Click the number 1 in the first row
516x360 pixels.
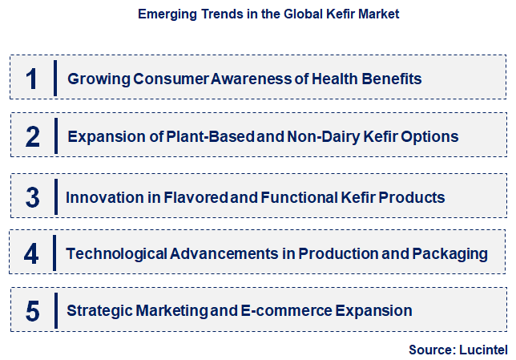pyautogui.click(x=32, y=79)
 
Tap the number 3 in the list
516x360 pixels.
pyautogui.click(x=32, y=196)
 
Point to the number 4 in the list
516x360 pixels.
pyautogui.click(x=32, y=254)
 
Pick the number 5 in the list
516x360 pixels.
pyautogui.click(x=32, y=311)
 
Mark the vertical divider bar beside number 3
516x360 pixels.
pyautogui.click(x=56, y=196)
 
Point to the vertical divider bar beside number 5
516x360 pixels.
pyautogui.click(x=56, y=311)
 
